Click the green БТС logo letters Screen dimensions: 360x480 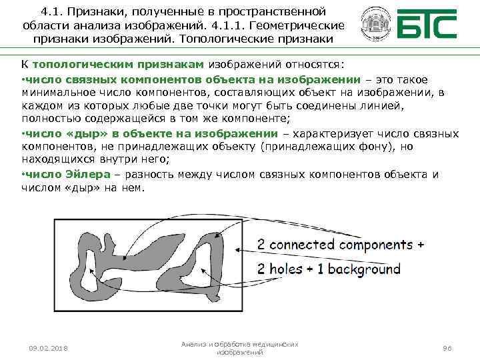[x=427, y=25]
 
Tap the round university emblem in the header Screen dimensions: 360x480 [x=373, y=25]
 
